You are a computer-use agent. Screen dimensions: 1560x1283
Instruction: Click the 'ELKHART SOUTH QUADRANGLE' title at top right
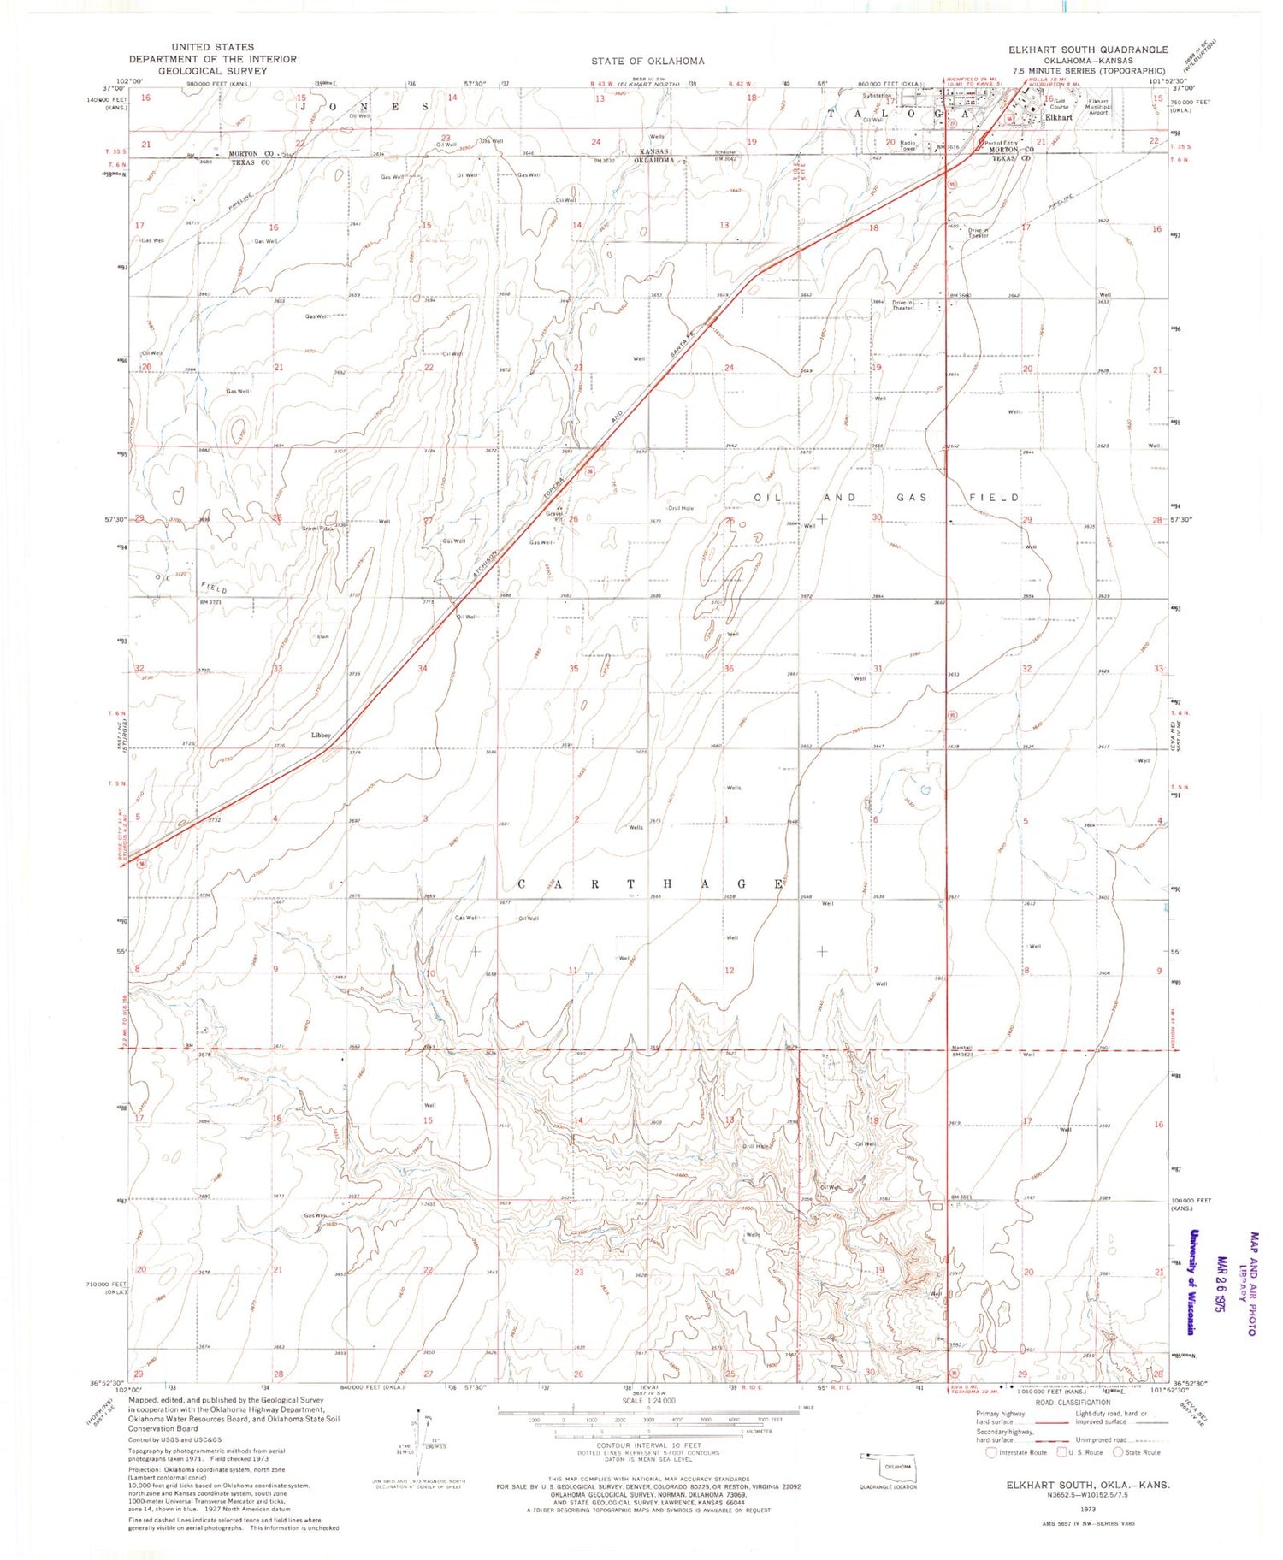tap(1088, 50)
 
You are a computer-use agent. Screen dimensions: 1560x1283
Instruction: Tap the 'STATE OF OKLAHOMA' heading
tap(647, 61)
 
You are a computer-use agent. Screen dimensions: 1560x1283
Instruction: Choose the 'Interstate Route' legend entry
tap(1018, 1452)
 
